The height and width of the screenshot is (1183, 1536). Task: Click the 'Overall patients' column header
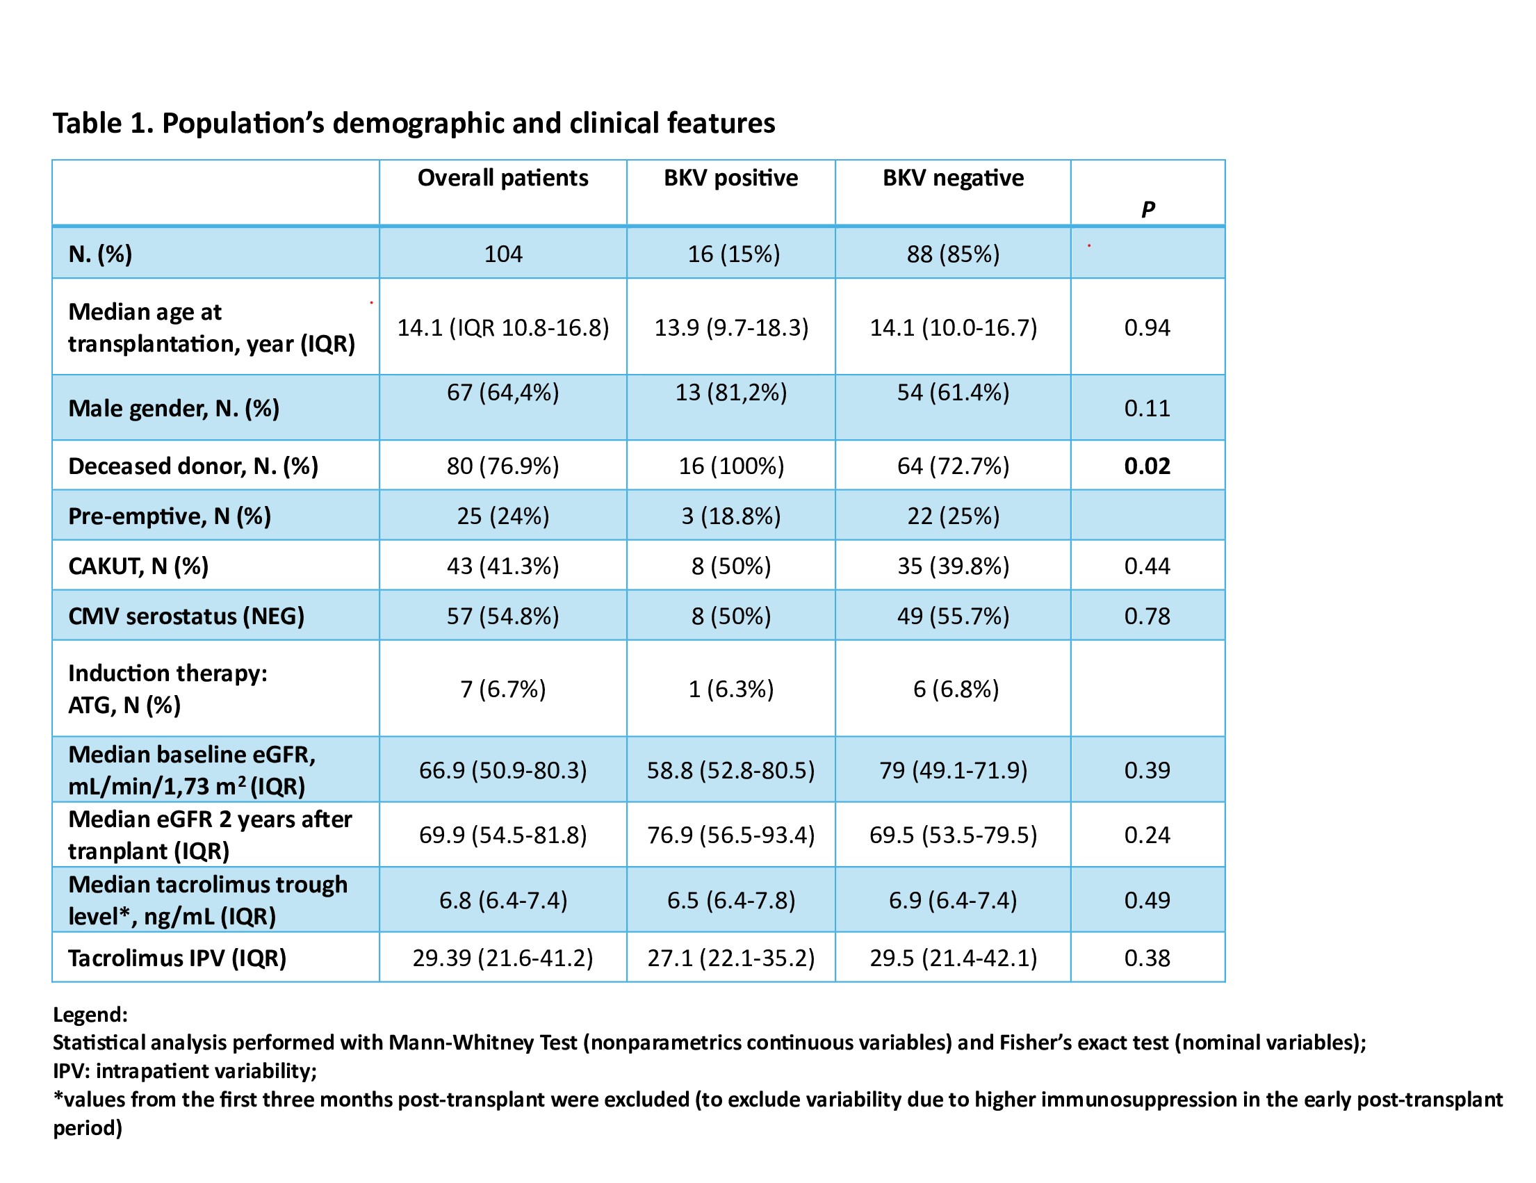[503, 178]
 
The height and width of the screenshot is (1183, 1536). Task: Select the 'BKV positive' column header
[730, 178]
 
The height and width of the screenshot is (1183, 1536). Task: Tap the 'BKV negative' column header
[953, 178]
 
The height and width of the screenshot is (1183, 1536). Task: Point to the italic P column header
[1147, 209]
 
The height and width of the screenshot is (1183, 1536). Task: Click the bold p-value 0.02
[1147, 466]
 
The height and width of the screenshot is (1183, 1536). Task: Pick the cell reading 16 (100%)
[730, 466]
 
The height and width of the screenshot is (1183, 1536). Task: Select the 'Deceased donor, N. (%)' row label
[193, 466]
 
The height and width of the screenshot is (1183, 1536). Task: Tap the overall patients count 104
[503, 254]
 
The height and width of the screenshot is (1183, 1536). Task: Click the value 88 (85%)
[953, 254]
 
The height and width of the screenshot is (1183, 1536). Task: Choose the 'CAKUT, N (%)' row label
[138, 566]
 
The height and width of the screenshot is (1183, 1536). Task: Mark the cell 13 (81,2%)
[730, 393]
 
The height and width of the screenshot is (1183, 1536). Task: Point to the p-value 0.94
[1147, 328]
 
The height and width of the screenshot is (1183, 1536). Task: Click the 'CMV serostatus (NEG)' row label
[186, 616]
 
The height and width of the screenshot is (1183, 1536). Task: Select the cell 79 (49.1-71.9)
[953, 770]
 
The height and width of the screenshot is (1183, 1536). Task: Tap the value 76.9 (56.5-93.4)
[730, 835]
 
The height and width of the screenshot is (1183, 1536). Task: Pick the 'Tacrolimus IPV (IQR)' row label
[177, 958]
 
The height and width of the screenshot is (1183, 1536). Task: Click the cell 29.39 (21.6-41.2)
[503, 958]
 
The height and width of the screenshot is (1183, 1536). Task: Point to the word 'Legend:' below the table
[91, 1015]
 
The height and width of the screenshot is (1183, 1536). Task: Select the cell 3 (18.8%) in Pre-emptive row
[730, 516]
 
